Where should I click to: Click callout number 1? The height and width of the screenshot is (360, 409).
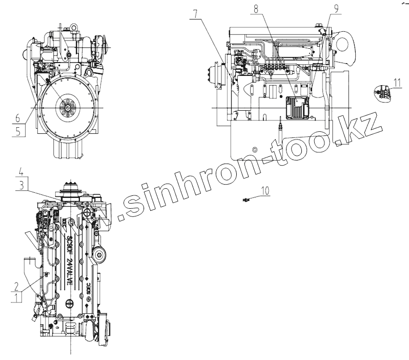(18, 296)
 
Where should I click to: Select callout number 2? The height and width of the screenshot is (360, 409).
(18, 286)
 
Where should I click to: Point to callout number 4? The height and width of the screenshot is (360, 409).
(21, 171)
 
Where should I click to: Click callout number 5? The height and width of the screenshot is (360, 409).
(18, 130)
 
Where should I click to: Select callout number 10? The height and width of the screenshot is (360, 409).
(265, 191)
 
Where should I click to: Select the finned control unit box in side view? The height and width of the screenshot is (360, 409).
(296, 108)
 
